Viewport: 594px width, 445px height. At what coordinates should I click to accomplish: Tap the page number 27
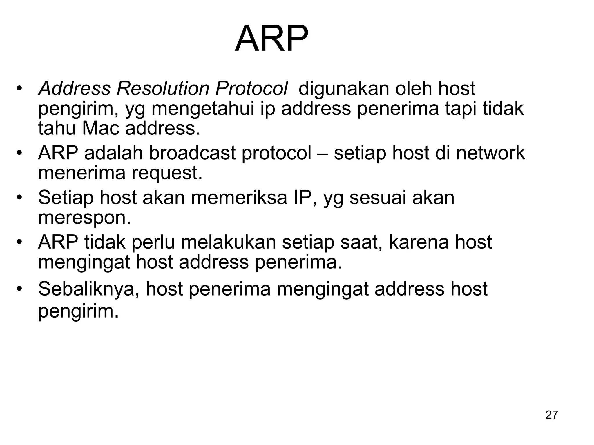pos(551,415)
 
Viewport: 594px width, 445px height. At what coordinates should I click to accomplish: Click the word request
pos(167,173)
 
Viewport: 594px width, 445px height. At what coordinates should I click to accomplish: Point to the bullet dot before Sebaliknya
pos(19,289)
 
